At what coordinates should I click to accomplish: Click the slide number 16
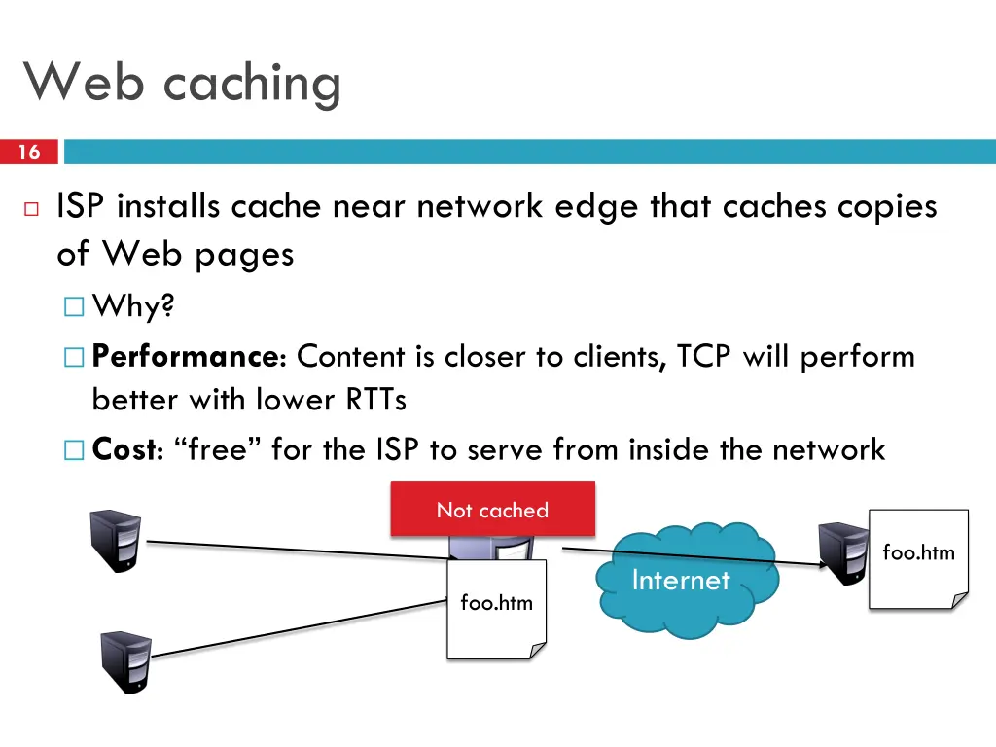[x=29, y=152]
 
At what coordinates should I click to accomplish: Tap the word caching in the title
[x=252, y=84]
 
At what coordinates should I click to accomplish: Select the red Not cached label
[x=492, y=510]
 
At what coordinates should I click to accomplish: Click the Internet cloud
[x=681, y=581]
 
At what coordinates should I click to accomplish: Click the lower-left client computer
[x=126, y=660]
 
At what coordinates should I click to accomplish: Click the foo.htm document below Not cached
[x=496, y=608]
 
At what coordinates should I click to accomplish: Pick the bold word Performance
[x=185, y=357]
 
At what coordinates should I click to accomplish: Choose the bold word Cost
[x=124, y=449]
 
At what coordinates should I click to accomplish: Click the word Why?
[x=133, y=308]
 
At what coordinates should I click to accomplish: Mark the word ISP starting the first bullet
[x=85, y=207]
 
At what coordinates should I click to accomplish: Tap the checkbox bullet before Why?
[x=74, y=308]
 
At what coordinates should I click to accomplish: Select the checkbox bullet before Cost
[x=74, y=449]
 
